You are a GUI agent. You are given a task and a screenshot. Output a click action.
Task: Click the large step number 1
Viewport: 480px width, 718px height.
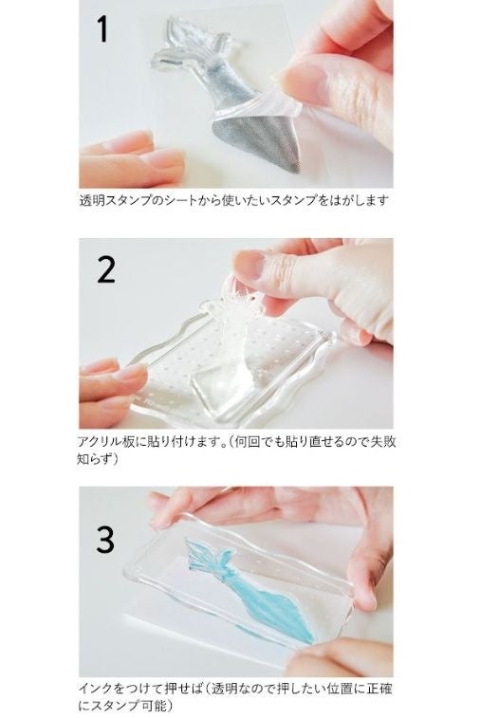click(103, 28)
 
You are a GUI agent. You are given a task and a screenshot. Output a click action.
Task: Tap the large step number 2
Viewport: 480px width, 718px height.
click(106, 270)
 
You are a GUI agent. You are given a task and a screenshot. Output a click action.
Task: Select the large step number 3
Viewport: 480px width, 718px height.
click(105, 539)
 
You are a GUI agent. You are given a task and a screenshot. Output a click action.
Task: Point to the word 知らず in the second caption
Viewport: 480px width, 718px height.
click(95, 458)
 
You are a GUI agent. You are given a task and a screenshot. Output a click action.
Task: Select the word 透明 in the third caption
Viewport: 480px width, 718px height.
click(228, 689)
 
